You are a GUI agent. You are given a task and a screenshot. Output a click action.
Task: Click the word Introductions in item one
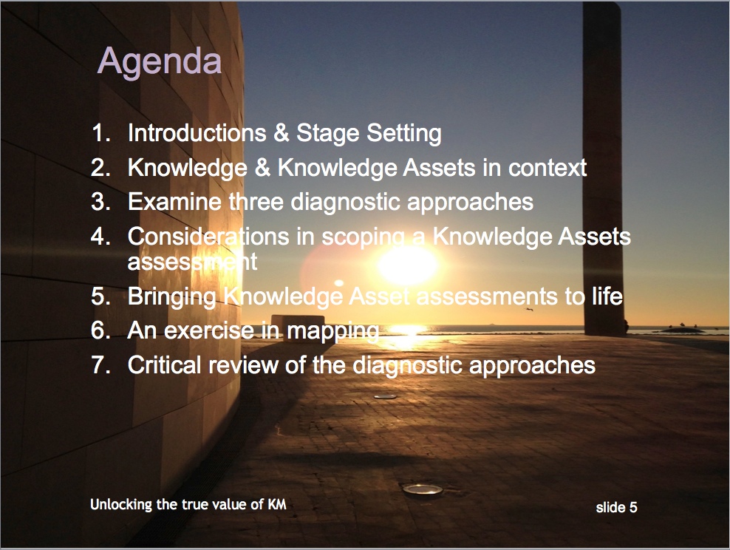coord(197,133)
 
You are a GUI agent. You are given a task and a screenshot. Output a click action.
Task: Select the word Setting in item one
coord(404,134)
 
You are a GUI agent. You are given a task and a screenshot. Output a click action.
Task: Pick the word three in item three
coord(256,202)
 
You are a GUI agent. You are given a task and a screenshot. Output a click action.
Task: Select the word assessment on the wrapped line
coord(192,262)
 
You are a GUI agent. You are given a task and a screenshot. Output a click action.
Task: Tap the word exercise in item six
coord(209,330)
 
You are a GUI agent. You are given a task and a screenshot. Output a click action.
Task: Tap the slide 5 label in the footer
coord(616,507)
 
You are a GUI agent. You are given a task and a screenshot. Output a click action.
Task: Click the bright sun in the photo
coord(407,265)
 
